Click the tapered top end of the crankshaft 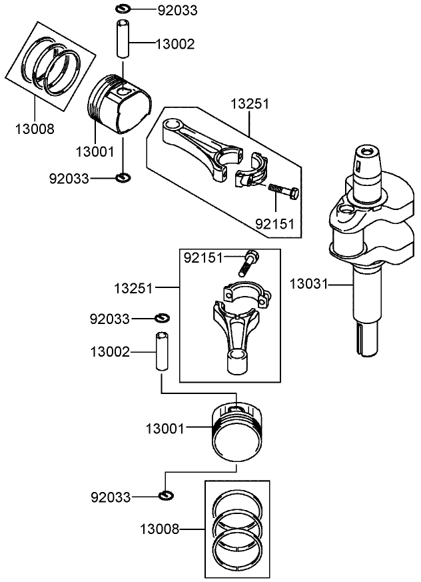366,160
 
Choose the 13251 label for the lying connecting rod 250,105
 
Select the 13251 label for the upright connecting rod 133,288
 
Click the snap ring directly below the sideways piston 123,177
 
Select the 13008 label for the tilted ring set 35,128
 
